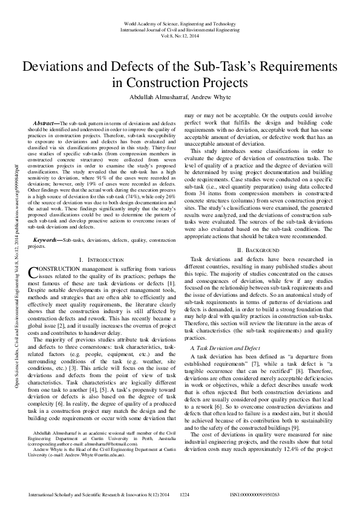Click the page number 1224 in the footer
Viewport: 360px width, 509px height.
[185, 494]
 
